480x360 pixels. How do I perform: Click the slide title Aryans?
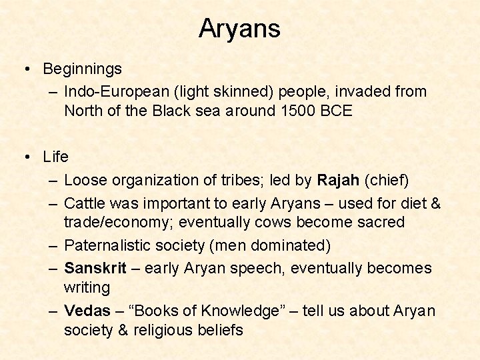click(239, 29)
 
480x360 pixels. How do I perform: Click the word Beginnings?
click(82, 69)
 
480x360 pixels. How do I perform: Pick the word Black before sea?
click(173, 111)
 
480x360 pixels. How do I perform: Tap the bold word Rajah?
click(339, 180)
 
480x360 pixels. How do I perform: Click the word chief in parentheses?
click(389, 180)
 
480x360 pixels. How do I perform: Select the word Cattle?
click(87, 202)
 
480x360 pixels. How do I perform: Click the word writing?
click(87, 288)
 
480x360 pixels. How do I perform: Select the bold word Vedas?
click(87, 311)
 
